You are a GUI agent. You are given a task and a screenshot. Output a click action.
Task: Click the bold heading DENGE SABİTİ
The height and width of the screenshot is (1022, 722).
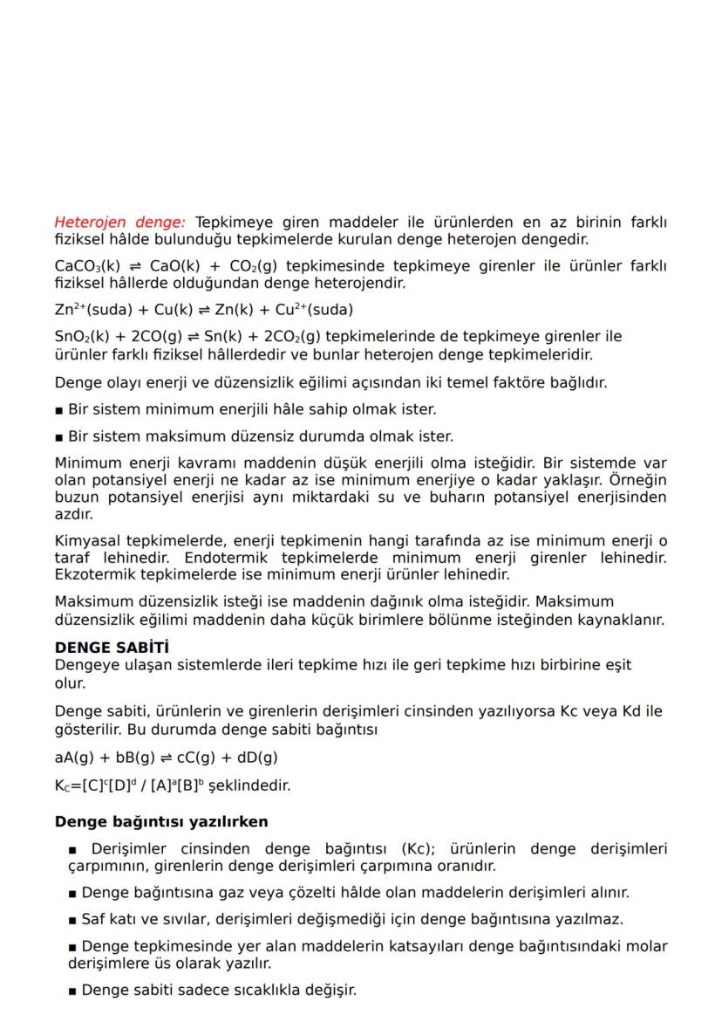[x=111, y=648]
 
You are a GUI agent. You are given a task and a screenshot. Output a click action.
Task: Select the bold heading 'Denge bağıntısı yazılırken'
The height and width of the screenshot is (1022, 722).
[x=161, y=821]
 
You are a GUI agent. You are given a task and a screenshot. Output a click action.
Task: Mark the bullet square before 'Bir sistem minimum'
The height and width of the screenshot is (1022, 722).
[x=59, y=409]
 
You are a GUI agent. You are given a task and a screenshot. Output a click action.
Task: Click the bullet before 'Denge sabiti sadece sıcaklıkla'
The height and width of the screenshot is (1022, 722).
[x=73, y=991]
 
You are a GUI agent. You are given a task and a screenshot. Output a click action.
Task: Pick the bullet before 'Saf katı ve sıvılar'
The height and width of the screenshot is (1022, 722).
[x=73, y=920]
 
